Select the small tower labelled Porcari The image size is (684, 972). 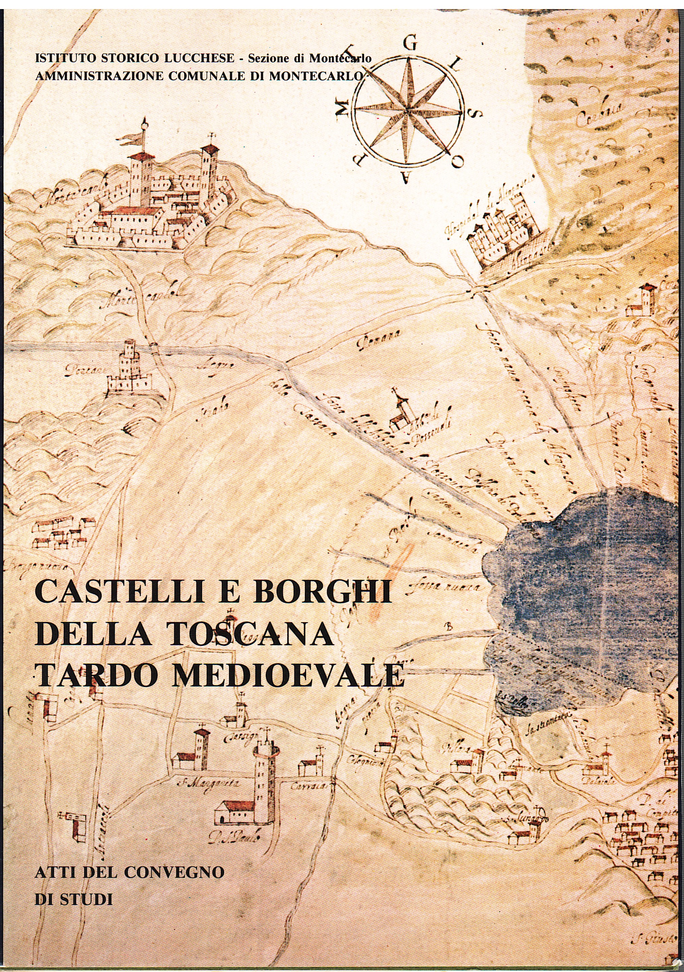coord(130,366)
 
